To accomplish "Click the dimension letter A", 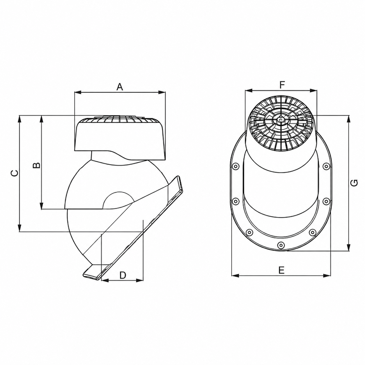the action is (120, 87).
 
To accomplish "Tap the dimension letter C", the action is (15, 173).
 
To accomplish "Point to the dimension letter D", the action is (123, 275).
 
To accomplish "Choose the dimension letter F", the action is (282, 85).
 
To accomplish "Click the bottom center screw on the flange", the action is (281, 245).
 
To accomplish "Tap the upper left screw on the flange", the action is (236, 166).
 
